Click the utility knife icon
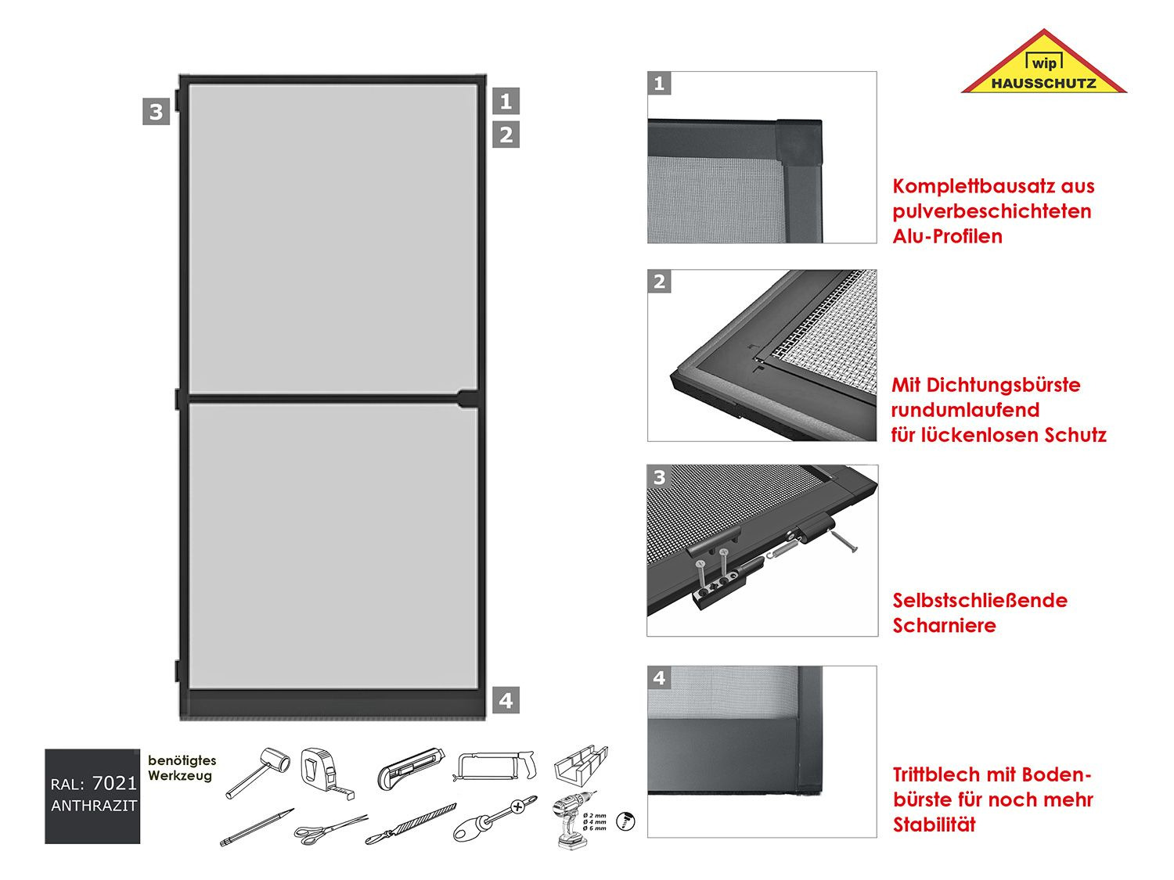(x=410, y=767)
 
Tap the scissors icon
(x=330, y=830)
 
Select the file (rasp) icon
(x=410, y=825)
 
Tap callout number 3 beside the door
(x=156, y=112)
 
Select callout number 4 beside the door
(x=506, y=700)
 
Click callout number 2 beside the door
(x=506, y=135)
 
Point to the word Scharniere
(x=944, y=626)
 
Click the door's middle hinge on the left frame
(x=179, y=399)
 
